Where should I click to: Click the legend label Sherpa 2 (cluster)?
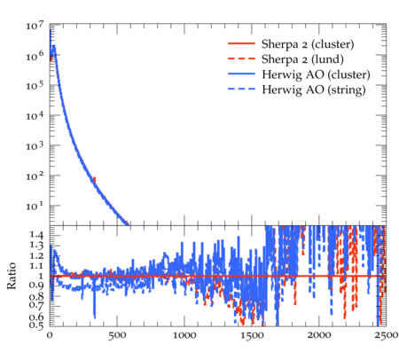[308, 44]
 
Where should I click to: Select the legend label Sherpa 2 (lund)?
[302, 59]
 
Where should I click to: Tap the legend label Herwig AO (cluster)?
[316, 74]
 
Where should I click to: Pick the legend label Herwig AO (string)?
[314, 90]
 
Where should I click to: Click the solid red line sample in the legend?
[241, 43]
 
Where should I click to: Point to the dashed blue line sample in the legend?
[241, 89]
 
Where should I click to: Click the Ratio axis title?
[12, 276]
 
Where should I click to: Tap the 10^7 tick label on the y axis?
[35, 26]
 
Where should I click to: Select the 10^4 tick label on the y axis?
[35, 115]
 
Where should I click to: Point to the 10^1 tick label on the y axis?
[35, 206]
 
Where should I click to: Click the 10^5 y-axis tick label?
[35, 86]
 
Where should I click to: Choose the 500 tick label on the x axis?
[117, 335]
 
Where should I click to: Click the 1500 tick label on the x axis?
[252, 335]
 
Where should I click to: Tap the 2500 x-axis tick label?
[386, 335]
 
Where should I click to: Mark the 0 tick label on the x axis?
[50, 335]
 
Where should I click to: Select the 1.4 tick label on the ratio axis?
[36, 235]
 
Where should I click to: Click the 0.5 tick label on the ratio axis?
[36, 325]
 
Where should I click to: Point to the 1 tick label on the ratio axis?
[41, 276]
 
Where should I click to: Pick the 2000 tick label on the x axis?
[319, 335]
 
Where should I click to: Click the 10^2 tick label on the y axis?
[35, 176]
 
